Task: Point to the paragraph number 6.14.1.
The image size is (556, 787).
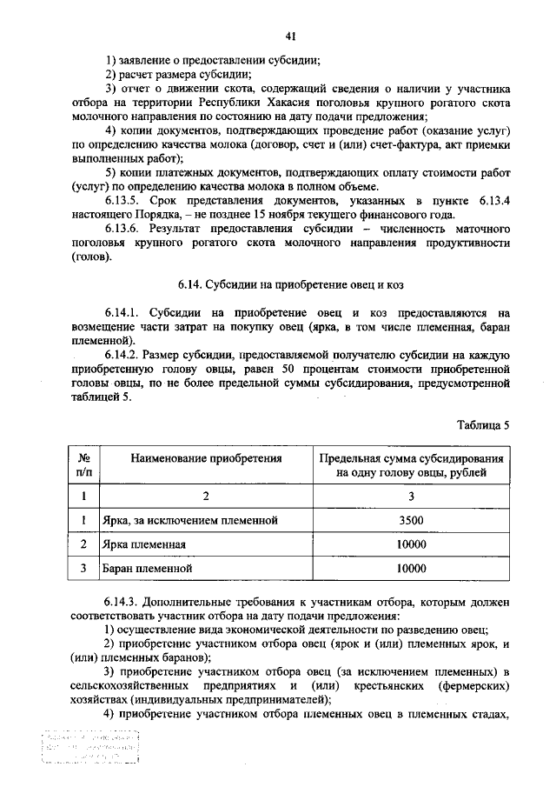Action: click(122, 311)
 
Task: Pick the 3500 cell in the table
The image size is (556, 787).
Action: click(410, 520)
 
